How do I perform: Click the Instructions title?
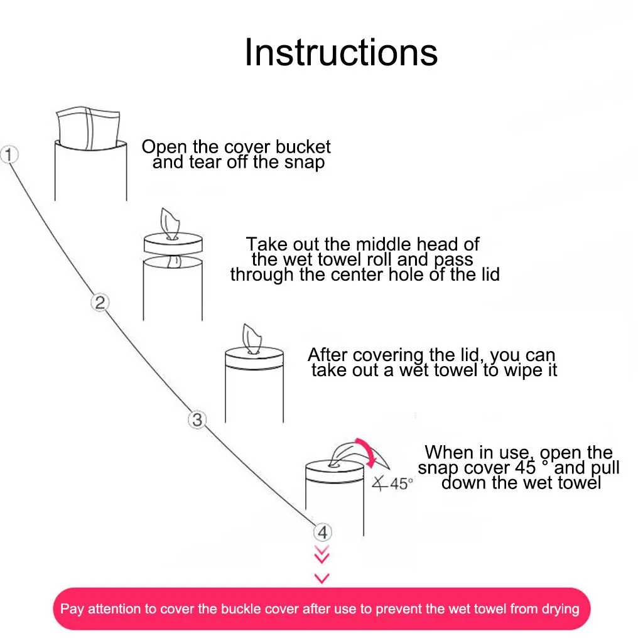click(x=341, y=52)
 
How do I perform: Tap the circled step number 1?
click(x=10, y=154)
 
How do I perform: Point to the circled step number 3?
click(x=197, y=419)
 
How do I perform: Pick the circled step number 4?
click(x=322, y=532)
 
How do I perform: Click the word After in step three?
click(x=328, y=355)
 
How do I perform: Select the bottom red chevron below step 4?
click(x=321, y=578)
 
